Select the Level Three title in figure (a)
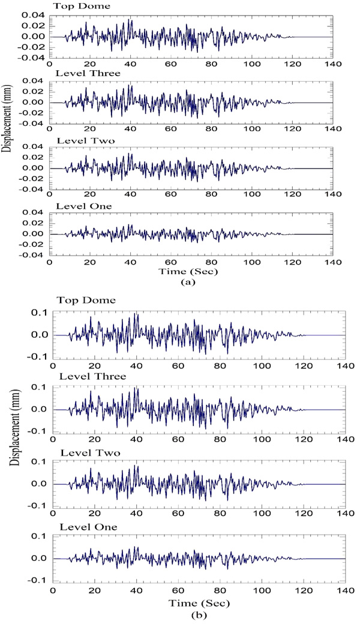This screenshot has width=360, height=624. [82, 73]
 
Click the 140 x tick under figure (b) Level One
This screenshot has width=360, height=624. [344, 590]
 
